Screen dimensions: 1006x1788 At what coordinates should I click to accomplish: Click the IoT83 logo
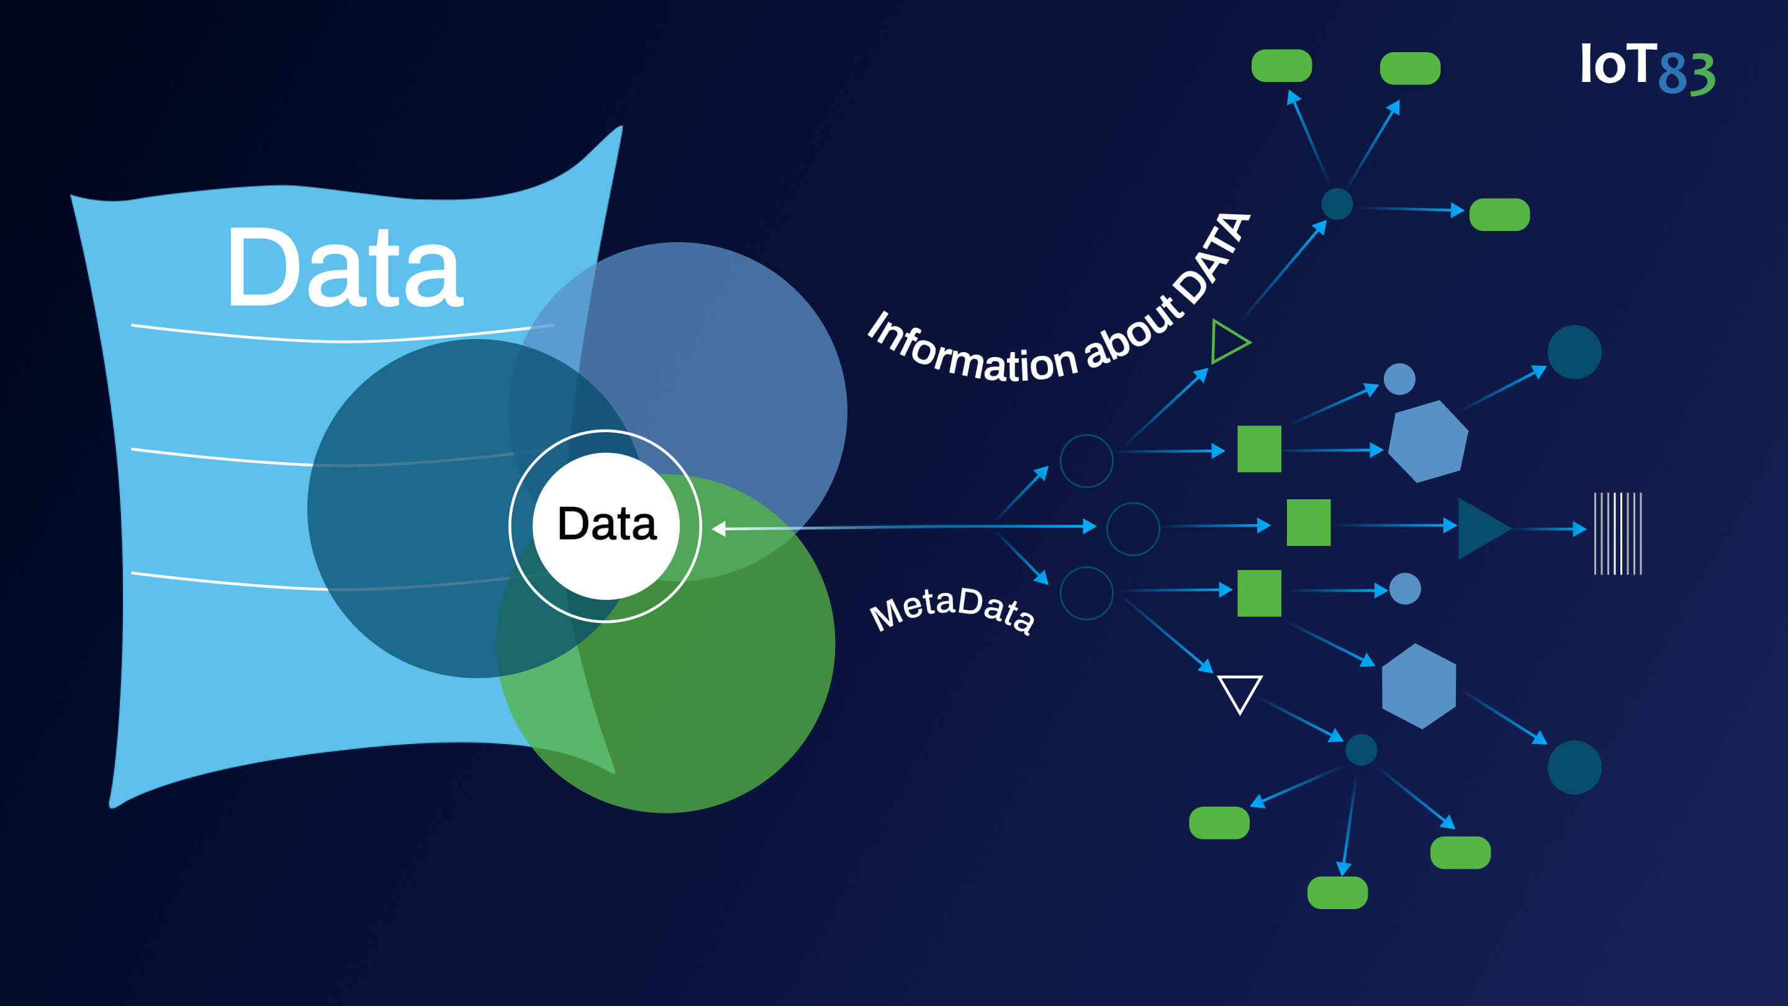tap(1646, 68)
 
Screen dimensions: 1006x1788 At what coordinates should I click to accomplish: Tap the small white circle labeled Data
tap(606, 525)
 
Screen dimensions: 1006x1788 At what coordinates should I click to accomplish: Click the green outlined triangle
tap(1227, 342)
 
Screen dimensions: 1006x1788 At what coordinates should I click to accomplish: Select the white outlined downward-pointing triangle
tap(1240, 692)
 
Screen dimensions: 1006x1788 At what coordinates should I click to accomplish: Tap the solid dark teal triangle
tap(1481, 528)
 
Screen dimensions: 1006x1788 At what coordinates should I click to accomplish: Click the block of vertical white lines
tap(1617, 533)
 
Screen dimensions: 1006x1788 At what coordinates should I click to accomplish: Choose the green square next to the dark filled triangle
tap(1308, 522)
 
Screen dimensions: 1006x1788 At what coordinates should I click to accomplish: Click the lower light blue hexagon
tap(1419, 686)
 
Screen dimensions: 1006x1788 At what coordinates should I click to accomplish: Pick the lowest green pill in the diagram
tap(1337, 892)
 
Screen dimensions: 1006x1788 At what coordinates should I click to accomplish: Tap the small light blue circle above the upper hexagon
tap(1399, 379)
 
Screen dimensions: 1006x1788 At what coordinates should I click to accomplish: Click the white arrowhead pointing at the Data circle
tap(719, 529)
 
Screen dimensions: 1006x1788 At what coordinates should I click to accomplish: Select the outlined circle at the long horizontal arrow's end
tap(1133, 529)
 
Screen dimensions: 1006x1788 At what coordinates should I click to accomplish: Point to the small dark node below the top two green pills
tap(1337, 204)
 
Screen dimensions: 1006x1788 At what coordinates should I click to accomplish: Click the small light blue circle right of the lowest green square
tap(1405, 589)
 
